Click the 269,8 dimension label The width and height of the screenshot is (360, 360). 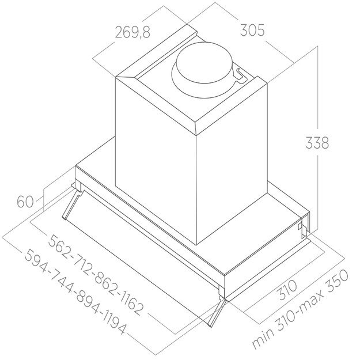131,32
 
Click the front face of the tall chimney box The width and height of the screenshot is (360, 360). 156,161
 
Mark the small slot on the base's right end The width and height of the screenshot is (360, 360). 300,229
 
